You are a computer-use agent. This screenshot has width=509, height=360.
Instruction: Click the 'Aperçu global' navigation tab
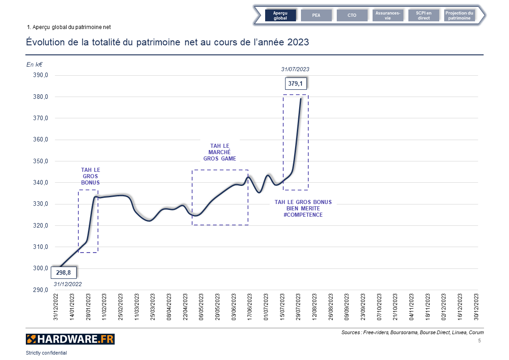pos(280,15)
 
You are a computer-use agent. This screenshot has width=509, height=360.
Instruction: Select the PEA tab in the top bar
pos(316,15)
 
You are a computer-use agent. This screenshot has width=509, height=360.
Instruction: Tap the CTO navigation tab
pos(352,15)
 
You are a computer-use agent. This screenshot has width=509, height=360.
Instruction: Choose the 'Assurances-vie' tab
pos(388,15)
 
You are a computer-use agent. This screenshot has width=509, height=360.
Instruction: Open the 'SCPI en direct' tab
pos(424,15)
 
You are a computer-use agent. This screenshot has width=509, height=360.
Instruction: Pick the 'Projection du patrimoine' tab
pos(459,15)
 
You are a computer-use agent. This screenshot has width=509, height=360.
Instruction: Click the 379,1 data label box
pos(296,84)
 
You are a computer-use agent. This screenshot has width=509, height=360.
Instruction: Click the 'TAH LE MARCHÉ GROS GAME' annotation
pos(219,152)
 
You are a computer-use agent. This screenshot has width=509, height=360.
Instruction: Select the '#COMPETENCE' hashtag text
pos(303,215)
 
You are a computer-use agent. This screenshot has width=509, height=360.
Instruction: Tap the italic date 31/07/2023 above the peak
pos(295,69)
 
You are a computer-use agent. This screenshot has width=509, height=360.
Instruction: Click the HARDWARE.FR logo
pos(70,339)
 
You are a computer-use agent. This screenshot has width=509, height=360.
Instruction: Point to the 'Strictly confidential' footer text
pos(46,353)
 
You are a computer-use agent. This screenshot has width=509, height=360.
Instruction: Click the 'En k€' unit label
pos(34,65)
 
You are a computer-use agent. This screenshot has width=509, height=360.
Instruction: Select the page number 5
pos(480,340)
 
